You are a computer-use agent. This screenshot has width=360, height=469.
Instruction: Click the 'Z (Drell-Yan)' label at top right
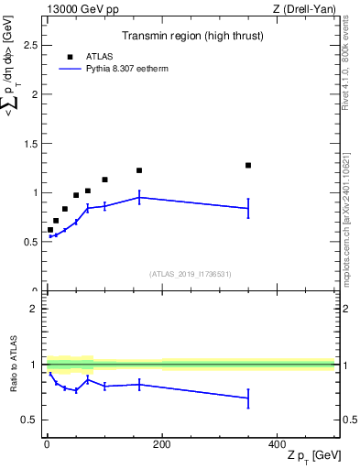pyautogui.click(x=303, y=9)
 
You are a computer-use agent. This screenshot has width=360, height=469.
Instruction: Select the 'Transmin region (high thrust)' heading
pyautogui.click(x=189, y=38)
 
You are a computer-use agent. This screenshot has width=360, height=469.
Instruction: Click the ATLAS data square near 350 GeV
pyautogui.click(x=248, y=165)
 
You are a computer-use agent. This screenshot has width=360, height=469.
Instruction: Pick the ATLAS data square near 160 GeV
pyautogui.click(x=139, y=170)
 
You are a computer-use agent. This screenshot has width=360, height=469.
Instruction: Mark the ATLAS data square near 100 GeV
pyautogui.click(x=104, y=180)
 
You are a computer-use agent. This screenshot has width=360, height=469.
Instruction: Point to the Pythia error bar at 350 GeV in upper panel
pyautogui.click(x=248, y=208)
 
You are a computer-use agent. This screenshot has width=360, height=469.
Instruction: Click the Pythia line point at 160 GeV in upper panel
pyautogui.click(x=139, y=197)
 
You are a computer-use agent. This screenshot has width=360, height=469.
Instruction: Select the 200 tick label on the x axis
pyautogui.click(x=161, y=443)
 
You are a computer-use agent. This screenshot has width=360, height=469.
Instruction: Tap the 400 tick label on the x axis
pyautogui.click(x=277, y=443)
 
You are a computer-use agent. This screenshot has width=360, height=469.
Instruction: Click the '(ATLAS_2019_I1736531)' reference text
pyautogui.click(x=189, y=274)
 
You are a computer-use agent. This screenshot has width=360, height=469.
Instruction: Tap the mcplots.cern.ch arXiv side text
pyautogui.click(x=344, y=202)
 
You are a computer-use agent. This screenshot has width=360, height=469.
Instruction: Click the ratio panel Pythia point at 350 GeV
pyautogui.click(x=248, y=398)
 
